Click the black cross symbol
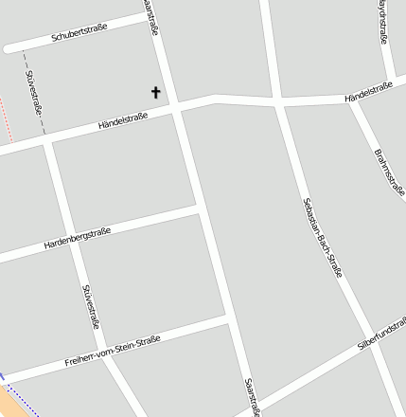tap(156, 92)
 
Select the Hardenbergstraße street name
tap(78, 238)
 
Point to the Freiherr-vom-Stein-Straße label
tap(114, 350)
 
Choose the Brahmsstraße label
tap(389, 171)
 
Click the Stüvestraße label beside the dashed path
tap(35, 92)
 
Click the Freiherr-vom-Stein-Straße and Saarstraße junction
tap(229, 322)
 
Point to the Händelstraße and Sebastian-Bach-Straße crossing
tap(276, 99)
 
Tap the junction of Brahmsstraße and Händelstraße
tap(350, 99)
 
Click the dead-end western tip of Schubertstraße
tap(8, 47)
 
